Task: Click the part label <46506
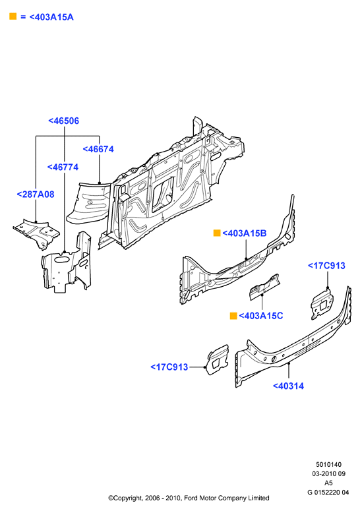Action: click(x=63, y=121)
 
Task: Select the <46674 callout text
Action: click(x=98, y=149)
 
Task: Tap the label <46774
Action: click(x=63, y=167)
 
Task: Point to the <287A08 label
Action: click(x=36, y=195)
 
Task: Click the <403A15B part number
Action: click(x=245, y=233)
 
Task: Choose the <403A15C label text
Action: click(x=261, y=316)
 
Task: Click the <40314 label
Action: click(x=288, y=386)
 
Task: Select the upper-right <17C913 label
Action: click(x=326, y=266)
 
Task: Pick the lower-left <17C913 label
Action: click(x=169, y=367)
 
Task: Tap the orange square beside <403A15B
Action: click(x=217, y=233)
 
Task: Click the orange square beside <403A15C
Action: click(x=233, y=316)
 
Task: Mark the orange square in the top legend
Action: click(x=13, y=16)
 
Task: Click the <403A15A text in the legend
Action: click(x=51, y=17)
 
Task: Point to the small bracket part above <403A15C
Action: click(x=264, y=287)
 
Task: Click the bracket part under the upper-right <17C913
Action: click(x=322, y=304)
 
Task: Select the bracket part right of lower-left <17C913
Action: click(x=218, y=360)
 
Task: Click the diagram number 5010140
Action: click(x=328, y=464)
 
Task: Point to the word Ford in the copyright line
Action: click(x=191, y=498)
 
